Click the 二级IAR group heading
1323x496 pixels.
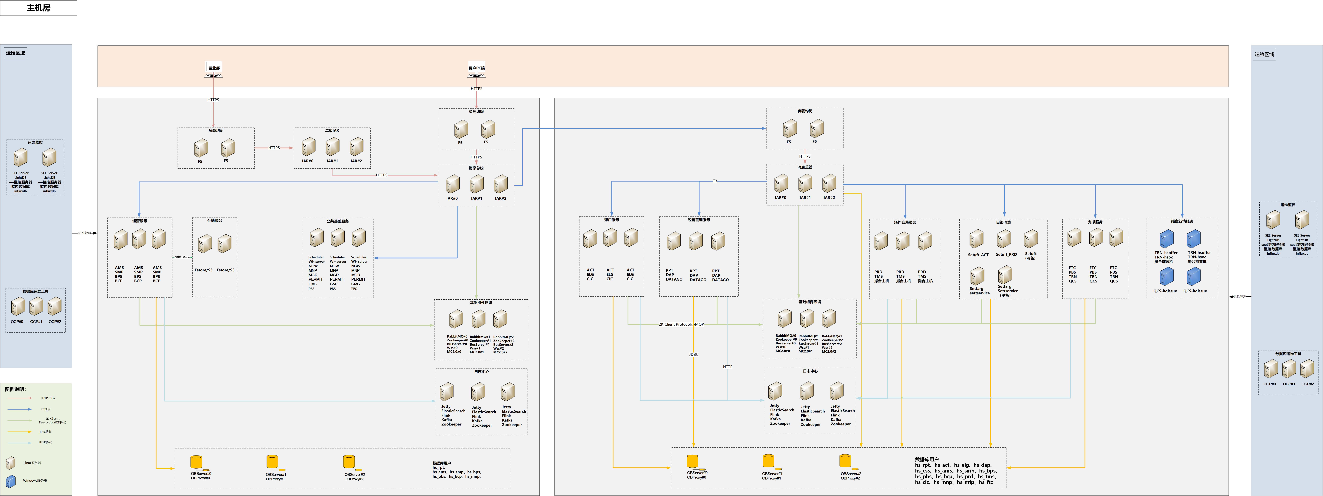click(x=332, y=131)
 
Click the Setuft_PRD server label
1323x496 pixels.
click(x=1006, y=254)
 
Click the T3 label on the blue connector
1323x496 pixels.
click(x=715, y=181)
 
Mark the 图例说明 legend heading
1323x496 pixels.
click(x=15, y=389)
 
